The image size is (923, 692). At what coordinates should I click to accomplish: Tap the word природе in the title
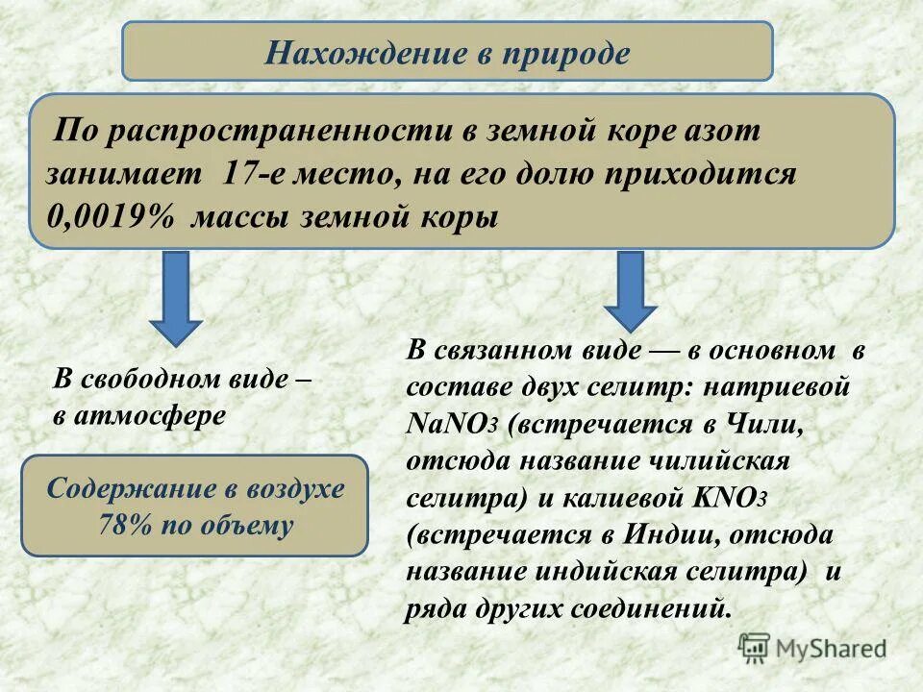pyautogui.click(x=565, y=53)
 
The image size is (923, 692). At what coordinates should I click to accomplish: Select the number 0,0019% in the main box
pyautogui.click(x=111, y=217)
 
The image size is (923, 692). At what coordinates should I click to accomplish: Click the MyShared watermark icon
pyautogui.click(x=754, y=648)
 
